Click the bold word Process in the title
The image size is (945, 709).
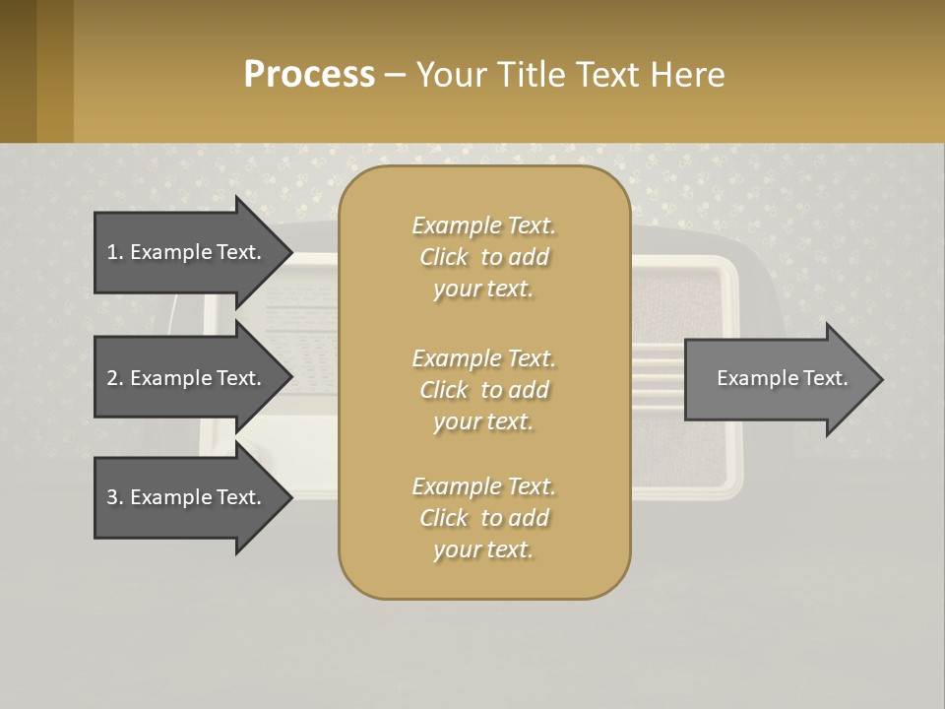click(309, 75)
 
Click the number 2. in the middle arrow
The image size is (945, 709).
click(115, 378)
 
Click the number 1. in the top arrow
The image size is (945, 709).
click(115, 252)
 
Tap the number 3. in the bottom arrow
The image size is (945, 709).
click(115, 497)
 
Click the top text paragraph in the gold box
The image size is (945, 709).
click(483, 257)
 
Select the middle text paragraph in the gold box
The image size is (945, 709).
click(483, 390)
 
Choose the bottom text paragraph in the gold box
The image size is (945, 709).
click(483, 518)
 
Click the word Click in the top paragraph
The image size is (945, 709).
click(444, 257)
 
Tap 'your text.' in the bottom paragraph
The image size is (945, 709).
click(483, 549)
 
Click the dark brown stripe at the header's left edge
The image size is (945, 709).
click(18, 71)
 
